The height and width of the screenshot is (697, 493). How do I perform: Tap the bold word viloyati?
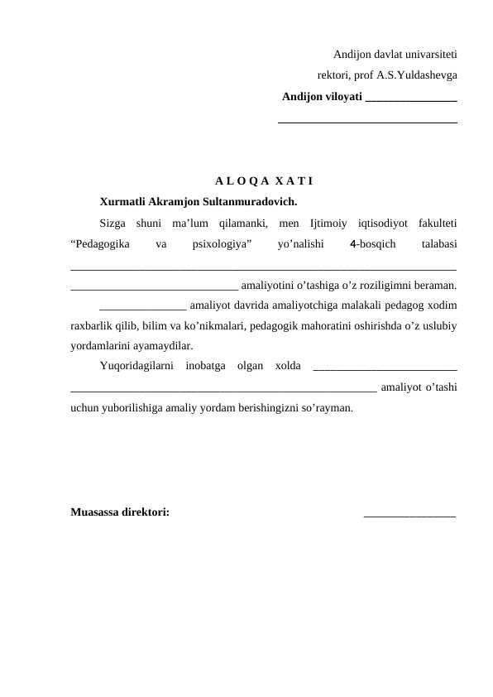point(340,97)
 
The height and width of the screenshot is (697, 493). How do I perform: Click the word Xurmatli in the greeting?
point(122,201)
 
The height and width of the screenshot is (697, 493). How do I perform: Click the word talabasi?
point(439,244)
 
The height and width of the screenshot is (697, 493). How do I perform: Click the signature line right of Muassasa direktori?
point(409,516)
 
